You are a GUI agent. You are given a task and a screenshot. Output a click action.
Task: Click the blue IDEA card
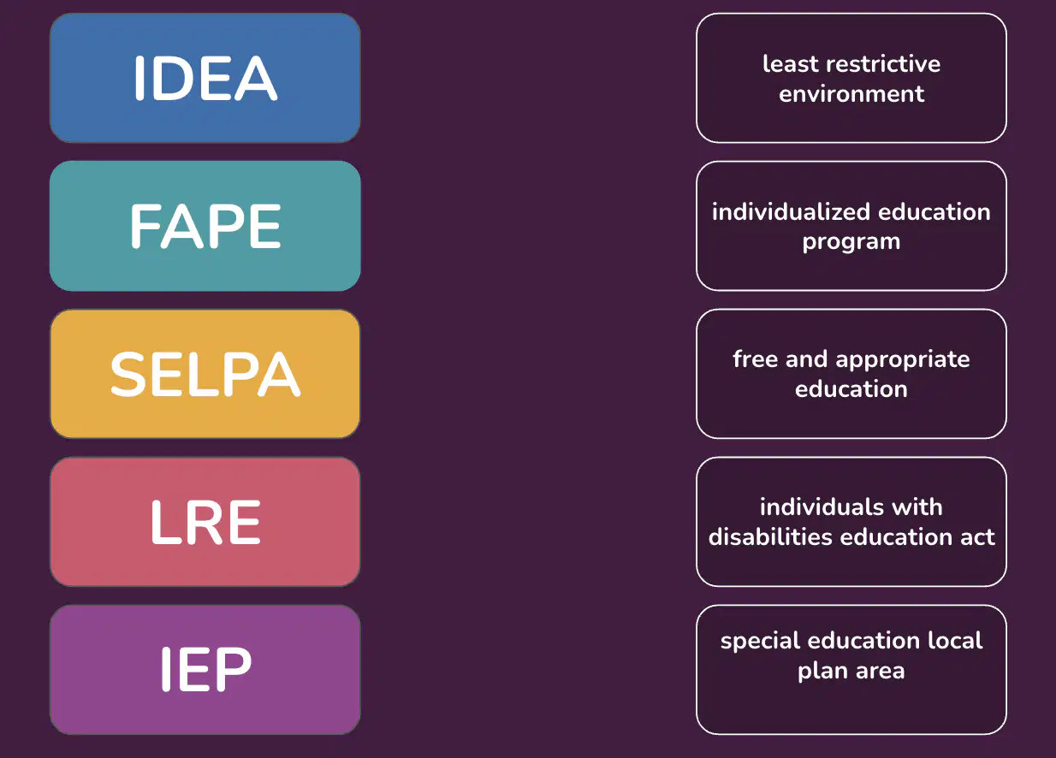tap(205, 78)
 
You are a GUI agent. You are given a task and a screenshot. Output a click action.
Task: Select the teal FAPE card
tap(205, 226)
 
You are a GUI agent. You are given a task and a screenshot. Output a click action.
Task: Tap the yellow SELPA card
tap(205, 374)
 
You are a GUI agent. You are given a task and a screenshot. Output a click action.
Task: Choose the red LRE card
tap(205, 522)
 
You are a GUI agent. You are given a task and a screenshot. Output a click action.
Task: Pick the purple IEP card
tap(205, 670)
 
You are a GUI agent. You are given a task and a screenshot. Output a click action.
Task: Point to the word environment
tap(851, 94)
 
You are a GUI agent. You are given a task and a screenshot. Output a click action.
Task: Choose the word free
tap(756, 358)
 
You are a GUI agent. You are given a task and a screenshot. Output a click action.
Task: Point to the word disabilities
tap(770, 537)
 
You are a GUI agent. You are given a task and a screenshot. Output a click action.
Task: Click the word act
tap(978, 538)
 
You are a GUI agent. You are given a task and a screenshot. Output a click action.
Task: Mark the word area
tap(881, 672)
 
